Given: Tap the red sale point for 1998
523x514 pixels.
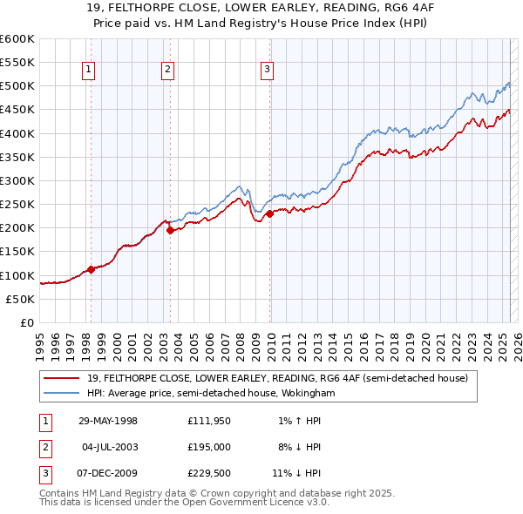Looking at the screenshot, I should (x=91, y=269).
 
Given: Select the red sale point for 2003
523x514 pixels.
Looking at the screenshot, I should (x=170, y=230).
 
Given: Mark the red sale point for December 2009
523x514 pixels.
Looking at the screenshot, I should (x=269, y=213).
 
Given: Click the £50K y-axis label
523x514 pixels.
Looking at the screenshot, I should (x=20, y=299).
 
